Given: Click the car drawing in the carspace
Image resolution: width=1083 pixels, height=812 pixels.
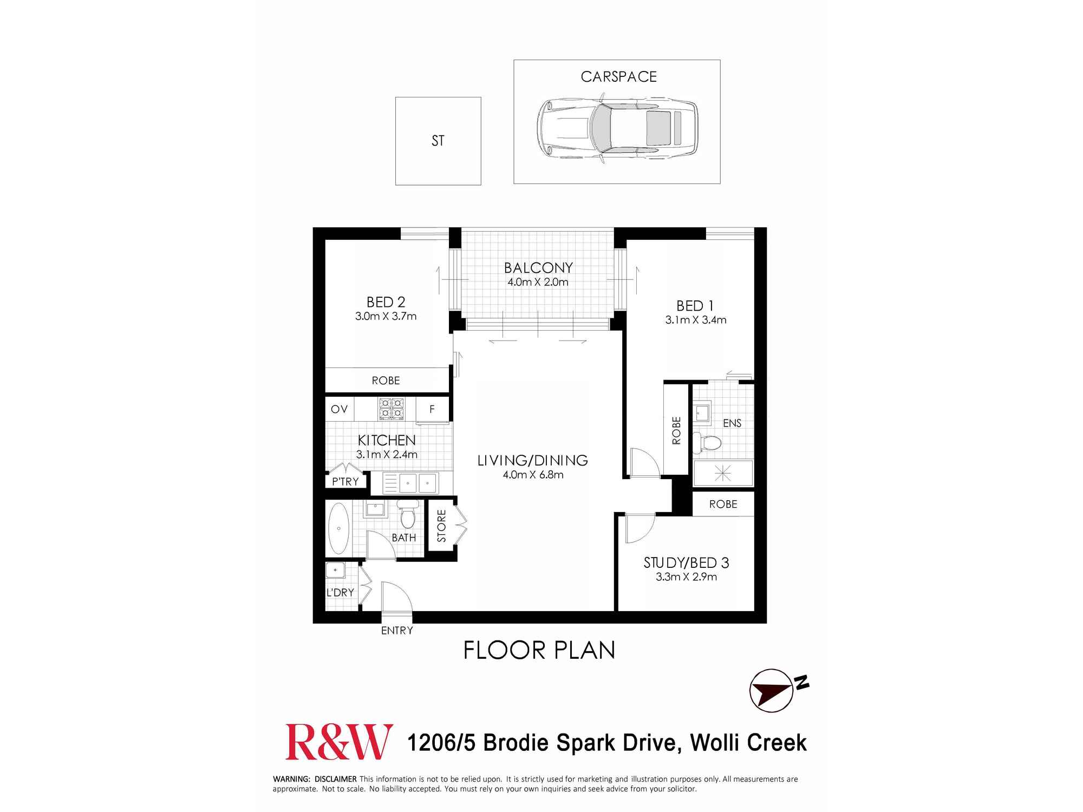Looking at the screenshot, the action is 617,129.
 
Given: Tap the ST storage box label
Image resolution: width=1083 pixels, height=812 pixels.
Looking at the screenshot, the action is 438,141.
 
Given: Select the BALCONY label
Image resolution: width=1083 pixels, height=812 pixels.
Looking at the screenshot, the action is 538,268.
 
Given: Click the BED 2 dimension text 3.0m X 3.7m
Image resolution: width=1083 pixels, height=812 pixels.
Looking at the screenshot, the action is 386,316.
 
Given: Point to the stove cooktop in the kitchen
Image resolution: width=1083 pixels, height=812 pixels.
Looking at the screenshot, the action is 392,409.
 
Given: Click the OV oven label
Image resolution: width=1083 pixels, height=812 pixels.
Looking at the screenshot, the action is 339,409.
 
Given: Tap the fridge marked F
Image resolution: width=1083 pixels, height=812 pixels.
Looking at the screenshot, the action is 432,409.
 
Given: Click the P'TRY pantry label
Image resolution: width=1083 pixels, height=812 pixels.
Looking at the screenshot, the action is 345,481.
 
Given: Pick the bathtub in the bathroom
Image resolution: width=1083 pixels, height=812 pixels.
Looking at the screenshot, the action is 339,528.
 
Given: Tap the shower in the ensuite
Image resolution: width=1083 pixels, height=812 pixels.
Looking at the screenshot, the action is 723,473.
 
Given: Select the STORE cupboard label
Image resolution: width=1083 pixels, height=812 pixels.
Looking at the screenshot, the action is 441,526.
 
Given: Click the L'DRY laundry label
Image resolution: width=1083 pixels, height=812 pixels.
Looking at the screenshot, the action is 340,592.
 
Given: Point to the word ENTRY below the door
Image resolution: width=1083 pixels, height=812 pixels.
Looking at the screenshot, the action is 397,631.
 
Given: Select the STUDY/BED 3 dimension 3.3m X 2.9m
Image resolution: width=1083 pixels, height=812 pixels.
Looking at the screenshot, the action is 686,577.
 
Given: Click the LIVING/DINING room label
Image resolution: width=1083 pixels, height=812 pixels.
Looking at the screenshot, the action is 532,461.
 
